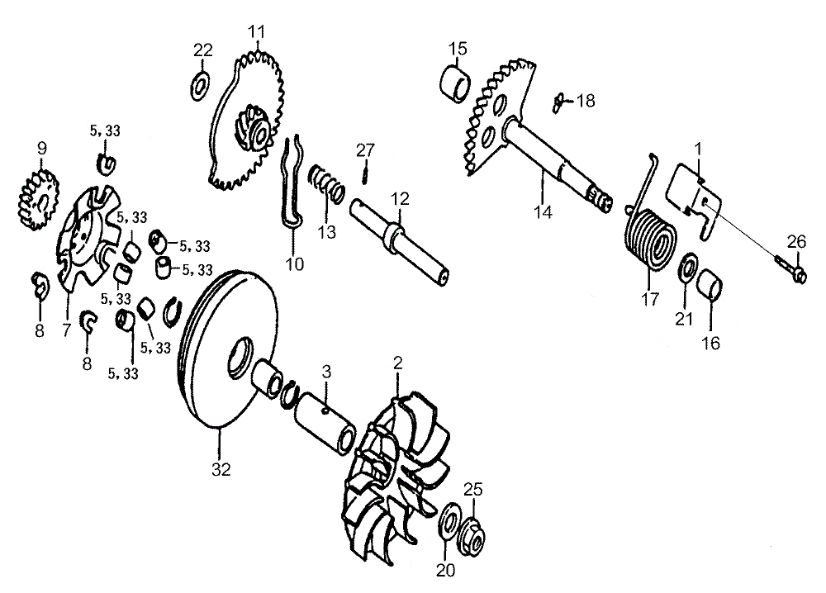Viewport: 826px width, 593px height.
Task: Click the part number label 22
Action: pos(203,50)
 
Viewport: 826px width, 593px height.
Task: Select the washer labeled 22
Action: pos(199,85)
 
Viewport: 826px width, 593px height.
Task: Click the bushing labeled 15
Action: pos(455,83)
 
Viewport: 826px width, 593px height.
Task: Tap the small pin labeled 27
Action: pos(363,173)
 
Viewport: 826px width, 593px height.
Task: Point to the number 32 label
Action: pos(221,469)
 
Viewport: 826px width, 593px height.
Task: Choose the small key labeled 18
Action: pos(558,102)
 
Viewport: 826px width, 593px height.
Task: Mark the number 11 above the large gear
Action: pos(257,31)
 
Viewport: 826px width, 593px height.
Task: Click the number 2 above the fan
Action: pos(398,363)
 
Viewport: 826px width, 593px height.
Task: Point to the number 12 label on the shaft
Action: pos(400,199)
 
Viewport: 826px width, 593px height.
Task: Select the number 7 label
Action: pos(66,330)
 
